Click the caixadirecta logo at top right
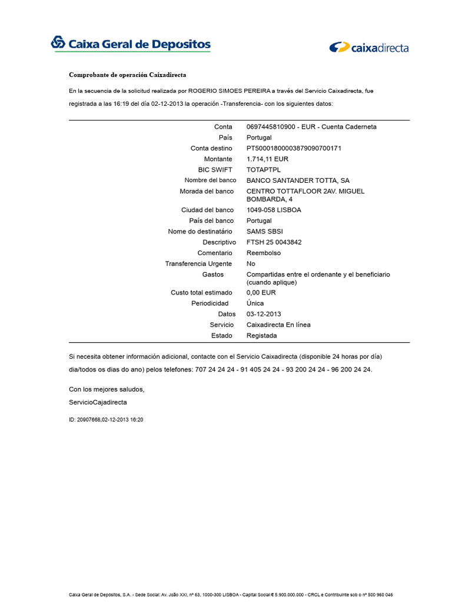coord(369,48)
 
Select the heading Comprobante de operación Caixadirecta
coord(128,75)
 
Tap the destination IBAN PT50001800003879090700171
coord(294,148)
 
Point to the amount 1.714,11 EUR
coord(267,159)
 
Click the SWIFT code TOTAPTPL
coord(264,170)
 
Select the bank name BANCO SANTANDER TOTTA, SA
coord(298,180)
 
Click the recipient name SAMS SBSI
coord(264,232)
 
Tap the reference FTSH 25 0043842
coord(274,242)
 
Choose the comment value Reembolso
coord(264,253)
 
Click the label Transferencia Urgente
coord(199,264)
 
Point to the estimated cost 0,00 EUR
coord(261,292)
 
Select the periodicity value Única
coord(255,303)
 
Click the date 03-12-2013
coord(264,314)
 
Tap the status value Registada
coord(261,336)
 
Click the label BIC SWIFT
coord(215,170)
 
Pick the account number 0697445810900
coord(271,127)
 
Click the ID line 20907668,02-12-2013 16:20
coord(106,420)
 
